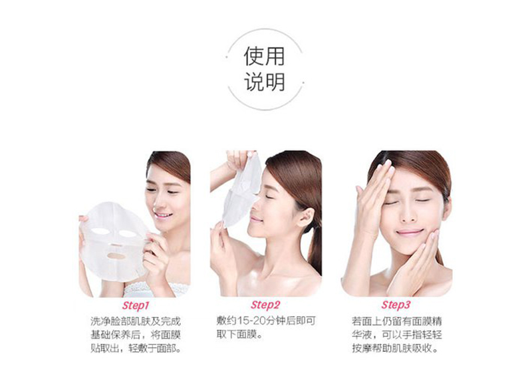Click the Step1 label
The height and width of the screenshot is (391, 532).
[136, 305]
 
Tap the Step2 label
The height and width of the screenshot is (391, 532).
[265, 305]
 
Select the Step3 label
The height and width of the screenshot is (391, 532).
[396, 305]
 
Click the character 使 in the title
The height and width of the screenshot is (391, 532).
[254, 56]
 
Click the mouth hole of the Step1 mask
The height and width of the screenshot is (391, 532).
[116, 255]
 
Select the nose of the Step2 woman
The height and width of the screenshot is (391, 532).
[255, 207]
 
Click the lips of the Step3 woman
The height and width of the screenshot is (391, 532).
[410, 233]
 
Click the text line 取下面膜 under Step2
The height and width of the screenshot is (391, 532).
[239, 334]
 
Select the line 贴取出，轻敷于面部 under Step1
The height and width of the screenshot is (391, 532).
[136, 348]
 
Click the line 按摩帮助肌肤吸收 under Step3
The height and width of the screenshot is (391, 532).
[395, 348]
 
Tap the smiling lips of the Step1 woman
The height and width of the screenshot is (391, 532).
[163, 215]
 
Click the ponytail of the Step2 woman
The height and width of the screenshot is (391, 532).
[314, 248]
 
